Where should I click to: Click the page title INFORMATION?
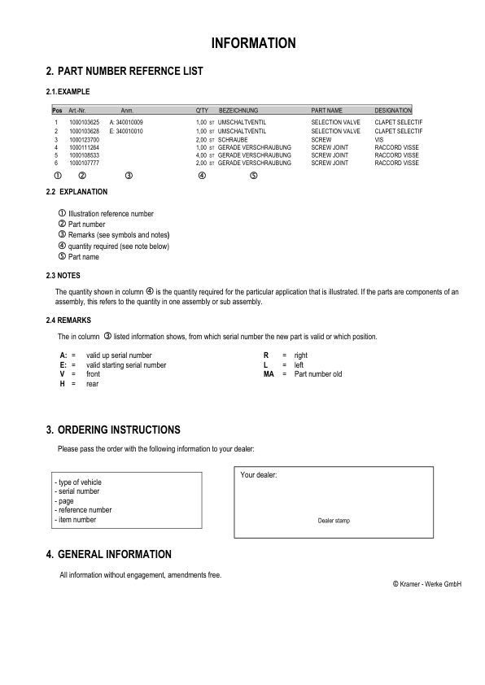(253, 43)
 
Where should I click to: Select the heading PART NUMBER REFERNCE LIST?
(130, 72)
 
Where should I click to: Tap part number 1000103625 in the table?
(85, 122)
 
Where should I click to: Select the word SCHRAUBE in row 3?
(233, 139)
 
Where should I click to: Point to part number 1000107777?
(85, 164)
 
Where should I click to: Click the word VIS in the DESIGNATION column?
(379, 139)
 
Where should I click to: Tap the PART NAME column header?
(327, 110)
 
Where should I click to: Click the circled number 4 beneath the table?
(202, 176)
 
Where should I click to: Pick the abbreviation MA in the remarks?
(269, 374)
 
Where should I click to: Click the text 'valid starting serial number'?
(126, 365)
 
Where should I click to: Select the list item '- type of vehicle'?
(78, 482)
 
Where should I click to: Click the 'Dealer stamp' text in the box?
(334, 521)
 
